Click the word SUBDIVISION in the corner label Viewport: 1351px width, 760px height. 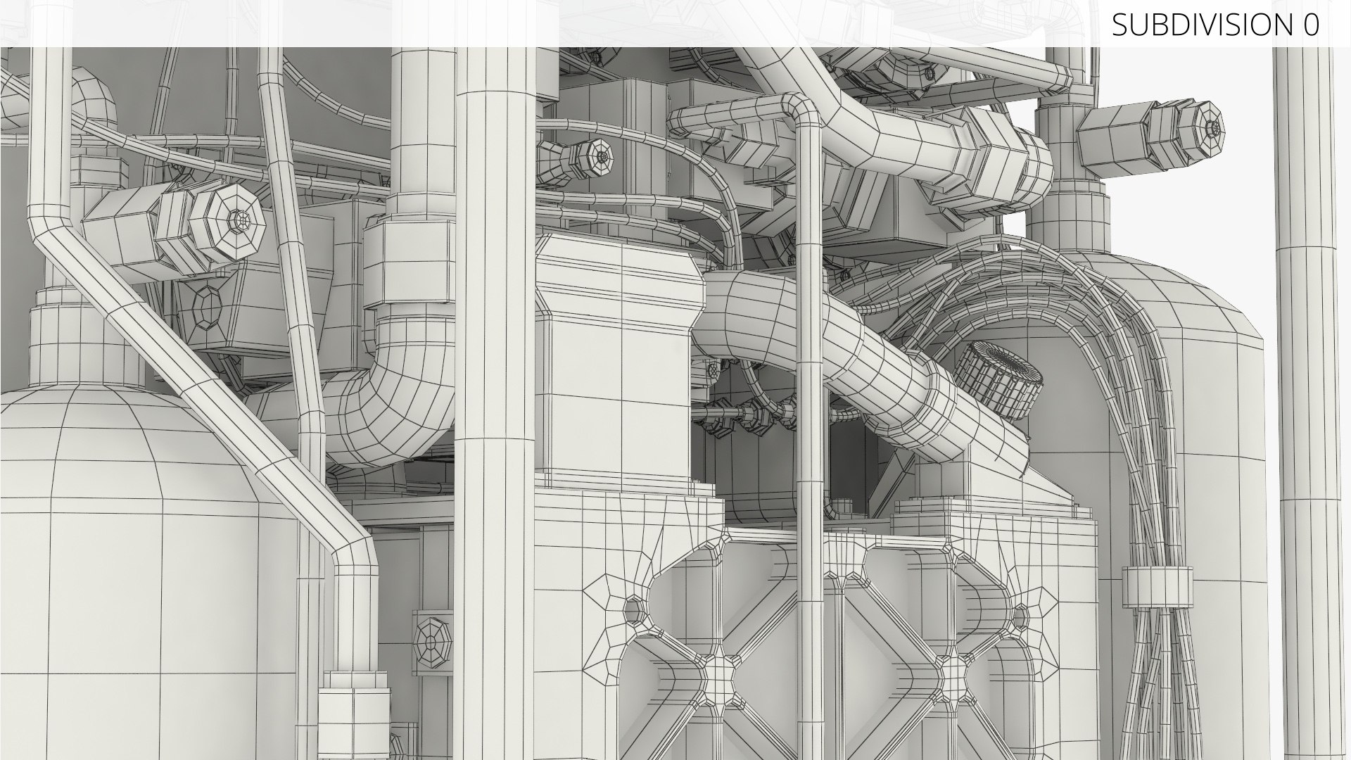coord(1200,25)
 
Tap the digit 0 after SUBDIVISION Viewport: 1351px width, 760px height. coord(1310,25)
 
